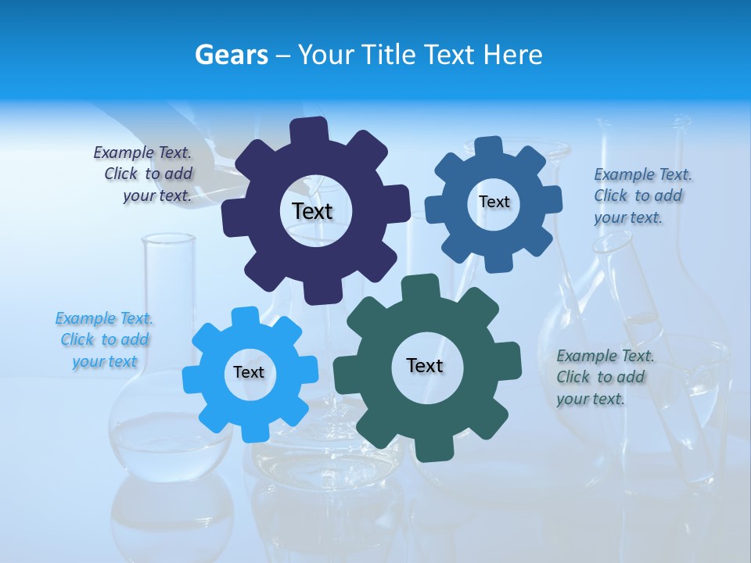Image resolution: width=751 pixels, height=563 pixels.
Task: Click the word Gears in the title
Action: pyautogui.click(x=231, y=55)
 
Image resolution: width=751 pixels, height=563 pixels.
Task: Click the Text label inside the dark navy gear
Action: pyautogui.click(x=312, y=211)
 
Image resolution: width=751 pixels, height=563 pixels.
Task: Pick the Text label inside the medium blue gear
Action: pyautogui.click(x=494, y=202)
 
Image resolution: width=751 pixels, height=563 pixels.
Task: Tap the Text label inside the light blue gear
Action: pyautogui.click(x=248, y=372)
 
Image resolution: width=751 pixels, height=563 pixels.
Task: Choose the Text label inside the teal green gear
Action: pyautogui.click(x=425, y=365)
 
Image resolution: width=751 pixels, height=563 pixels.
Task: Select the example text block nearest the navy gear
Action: pyautogui.click(x=145, y=174)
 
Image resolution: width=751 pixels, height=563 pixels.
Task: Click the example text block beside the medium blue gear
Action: pyautogui.click(x=641, y=196)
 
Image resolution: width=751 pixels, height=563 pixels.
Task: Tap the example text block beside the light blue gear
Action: pyautogui.click(x=104, y=340)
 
